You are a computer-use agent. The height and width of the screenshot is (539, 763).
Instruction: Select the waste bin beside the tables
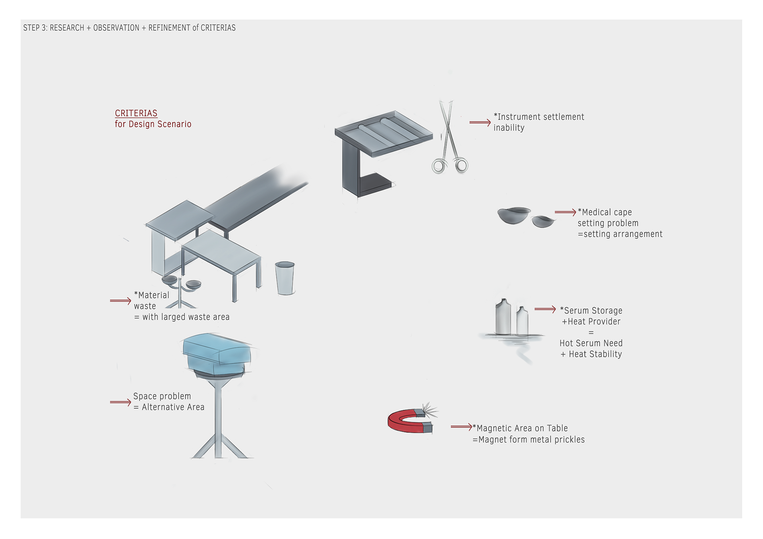tap(285, 278)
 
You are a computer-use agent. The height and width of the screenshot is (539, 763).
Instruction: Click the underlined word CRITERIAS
tap(136, 113)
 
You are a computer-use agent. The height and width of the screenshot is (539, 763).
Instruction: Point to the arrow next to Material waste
tap(120, 301)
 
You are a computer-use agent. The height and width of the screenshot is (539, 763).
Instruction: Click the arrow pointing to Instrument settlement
tap(480, 122)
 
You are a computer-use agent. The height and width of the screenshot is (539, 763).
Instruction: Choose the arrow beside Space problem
tap(120, 402)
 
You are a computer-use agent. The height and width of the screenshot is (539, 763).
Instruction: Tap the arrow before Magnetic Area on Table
tap(461, 427)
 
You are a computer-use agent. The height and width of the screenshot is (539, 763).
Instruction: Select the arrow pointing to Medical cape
tap(565, 212)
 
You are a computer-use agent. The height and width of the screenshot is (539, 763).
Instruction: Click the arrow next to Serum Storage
tap(545, 309)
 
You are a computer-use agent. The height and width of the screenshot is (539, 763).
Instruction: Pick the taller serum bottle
tap(503, 317)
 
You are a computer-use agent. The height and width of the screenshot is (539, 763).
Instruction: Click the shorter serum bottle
tap(522, 321)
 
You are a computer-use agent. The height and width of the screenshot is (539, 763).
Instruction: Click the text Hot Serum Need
tap(591, 343)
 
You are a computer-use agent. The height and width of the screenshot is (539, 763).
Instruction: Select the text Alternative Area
tap(173, 407)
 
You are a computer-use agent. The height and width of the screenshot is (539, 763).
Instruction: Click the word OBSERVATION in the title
tap(116, 28)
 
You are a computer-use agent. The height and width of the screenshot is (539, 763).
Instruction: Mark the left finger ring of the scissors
tap(439, 166)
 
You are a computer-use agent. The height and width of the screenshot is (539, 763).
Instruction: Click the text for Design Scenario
tap(153, 124)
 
